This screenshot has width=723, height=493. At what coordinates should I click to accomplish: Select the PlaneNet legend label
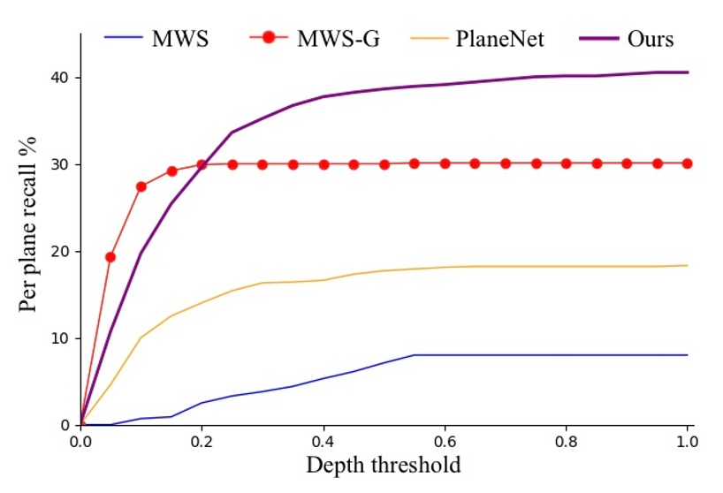coord(499,40)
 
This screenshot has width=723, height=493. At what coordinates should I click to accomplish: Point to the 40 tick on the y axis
coord(58,78)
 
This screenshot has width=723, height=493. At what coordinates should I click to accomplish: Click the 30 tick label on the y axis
coord(58,164)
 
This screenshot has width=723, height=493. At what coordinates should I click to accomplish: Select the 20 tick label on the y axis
coord(58,252)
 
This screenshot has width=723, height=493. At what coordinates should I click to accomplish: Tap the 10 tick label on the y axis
coord(58,338)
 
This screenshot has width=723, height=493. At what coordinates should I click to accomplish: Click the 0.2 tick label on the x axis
coord(202,441)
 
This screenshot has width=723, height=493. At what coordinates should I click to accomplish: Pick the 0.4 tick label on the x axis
coord(323,441)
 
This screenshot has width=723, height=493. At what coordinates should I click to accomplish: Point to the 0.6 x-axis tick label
coord(445,441)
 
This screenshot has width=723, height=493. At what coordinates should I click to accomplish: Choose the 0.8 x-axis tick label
coord(566,441)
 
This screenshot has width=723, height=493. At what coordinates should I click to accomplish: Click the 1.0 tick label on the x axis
coord(687,441)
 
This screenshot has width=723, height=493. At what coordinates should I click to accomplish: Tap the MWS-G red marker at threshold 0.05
coord(110,257)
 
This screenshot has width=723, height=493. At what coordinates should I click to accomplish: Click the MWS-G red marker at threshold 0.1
coord(141,186)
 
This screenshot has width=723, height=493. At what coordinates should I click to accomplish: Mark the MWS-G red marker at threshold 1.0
coord(687,163)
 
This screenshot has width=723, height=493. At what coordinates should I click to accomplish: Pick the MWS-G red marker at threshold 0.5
coord(384,164)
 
